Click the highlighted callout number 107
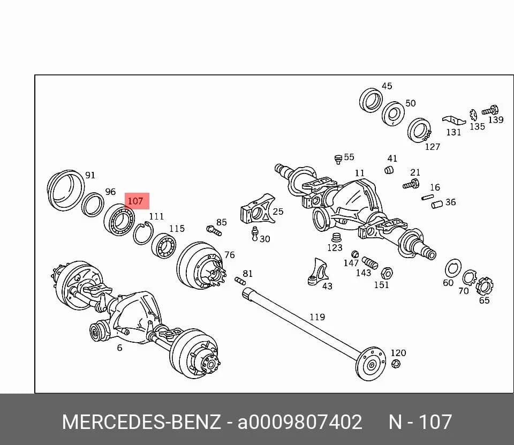(135, 201)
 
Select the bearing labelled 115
(164, 246)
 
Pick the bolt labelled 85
(214, 230)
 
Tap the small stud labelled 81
(240, 281)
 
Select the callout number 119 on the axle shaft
(318, 317)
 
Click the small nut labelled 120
(396, 364)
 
